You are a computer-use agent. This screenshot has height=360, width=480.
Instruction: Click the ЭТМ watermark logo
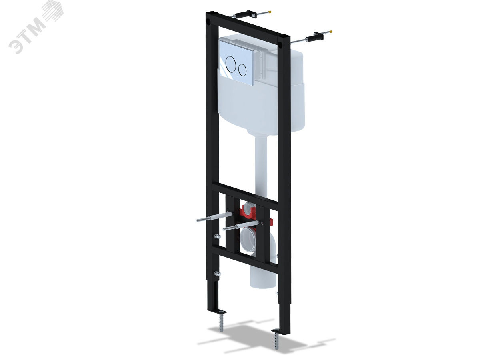click(36, 26)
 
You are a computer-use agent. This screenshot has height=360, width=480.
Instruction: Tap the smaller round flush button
click(242, 70)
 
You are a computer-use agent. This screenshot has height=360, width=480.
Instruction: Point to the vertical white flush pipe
click(261, 166)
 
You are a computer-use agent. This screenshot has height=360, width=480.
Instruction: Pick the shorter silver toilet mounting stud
click(240, 226)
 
